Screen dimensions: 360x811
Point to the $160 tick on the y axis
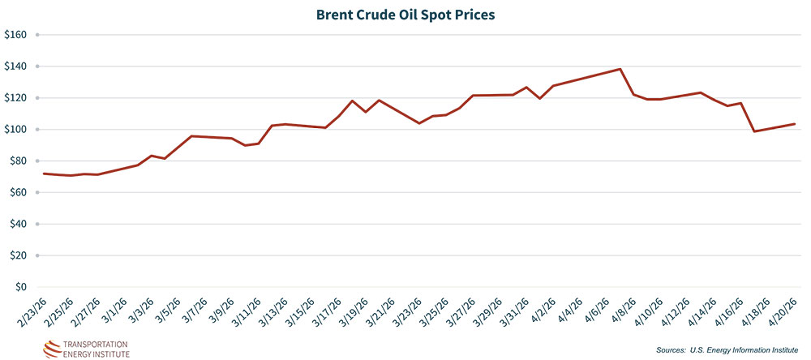(x=16, y=35)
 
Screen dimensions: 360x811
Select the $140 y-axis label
(x=16, y=66)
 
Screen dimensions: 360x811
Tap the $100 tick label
(x=16, y=130)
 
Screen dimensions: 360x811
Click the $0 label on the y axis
(x=22, y=287)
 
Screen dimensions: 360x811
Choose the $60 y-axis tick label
(x=19, y=192)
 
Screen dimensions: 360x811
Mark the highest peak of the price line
(x=620, y=69)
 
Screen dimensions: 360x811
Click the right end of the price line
(x=795, y=124)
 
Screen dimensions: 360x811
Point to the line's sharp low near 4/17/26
(x=754, y=131)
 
